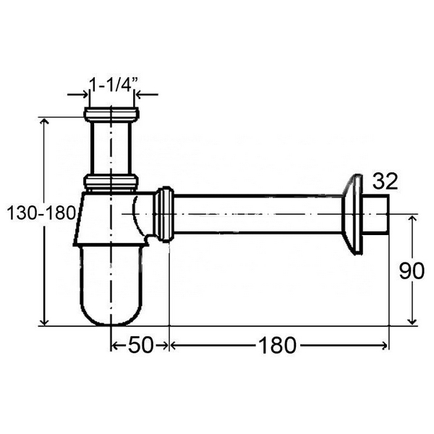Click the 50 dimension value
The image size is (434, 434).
click(140, 346)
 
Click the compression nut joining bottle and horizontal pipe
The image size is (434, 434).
click(165, 215)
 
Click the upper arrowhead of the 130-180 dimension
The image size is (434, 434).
click(46, 121)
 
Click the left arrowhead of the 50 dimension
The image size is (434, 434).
click(114, 346)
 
